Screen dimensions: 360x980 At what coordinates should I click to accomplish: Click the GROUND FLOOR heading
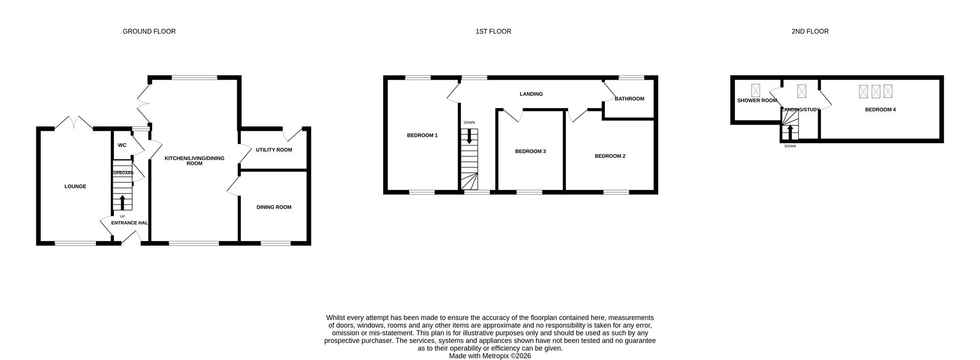click(149, 32)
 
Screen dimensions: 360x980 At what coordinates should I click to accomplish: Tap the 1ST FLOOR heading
click(493, 32)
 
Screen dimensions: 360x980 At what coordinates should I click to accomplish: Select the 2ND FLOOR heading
click(810, 32)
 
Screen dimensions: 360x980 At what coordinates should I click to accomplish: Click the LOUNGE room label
click(75, 186)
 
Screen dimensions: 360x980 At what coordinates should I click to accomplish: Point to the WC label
click(122, 146)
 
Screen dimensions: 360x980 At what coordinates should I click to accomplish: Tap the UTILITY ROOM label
click(274, 150)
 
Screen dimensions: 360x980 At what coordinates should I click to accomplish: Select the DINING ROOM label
click(274, 207)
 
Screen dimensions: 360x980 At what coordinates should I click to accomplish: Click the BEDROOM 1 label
click(422, 135)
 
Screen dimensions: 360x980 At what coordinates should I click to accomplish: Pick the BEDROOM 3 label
click(530, 152)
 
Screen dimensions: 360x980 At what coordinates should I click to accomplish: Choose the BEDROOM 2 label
click(609, 156)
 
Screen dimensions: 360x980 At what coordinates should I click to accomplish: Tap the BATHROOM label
click(629, 99)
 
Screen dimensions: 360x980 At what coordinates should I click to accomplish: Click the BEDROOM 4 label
click(880, 110)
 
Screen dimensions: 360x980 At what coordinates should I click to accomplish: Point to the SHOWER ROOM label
click(756, 101)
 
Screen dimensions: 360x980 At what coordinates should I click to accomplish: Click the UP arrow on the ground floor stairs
click(122, 202)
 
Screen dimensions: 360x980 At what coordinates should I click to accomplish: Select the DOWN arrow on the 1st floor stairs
click(469, 136)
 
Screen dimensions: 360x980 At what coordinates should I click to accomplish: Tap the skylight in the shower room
click(755, 90)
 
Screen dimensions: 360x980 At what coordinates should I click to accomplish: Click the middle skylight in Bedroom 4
click(876, 91)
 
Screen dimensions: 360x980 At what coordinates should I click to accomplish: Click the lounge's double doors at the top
click(74, 123)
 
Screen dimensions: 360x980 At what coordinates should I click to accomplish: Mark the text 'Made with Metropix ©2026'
click(489, 356)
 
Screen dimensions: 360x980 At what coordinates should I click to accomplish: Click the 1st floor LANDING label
click(531, 94)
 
